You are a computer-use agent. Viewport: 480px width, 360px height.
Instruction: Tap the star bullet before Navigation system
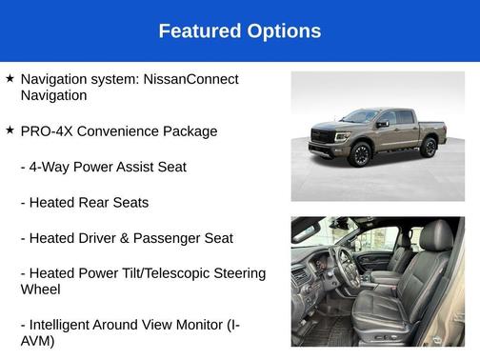click(x=10, y=78)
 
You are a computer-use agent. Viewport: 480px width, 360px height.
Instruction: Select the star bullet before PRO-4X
click(x=10, y=130)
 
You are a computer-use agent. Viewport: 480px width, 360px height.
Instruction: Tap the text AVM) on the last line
click(x=37, y=341)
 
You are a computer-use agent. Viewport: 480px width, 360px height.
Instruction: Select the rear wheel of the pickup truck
click(x=430, y=147)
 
